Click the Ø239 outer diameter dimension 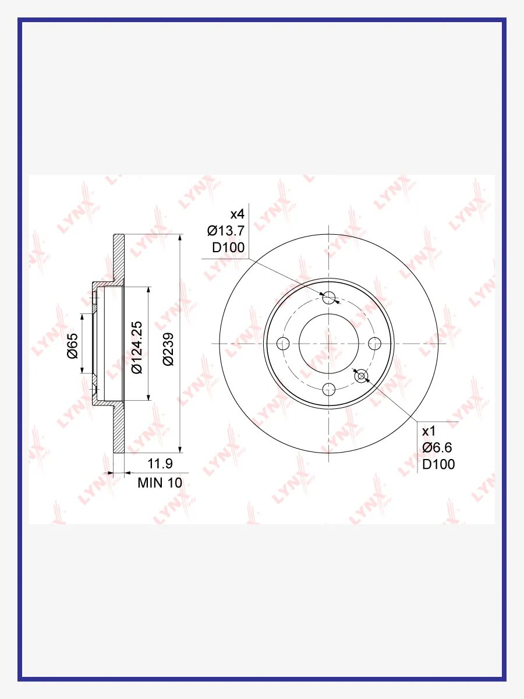(x=168, y=349)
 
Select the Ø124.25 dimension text (x=137, y=347)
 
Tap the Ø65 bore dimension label (x=73, y=346)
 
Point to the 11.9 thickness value (x=160, y=464)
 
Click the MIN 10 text (x=160, y=483)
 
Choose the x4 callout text (x=238, y=214)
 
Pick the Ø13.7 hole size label (x=226, y=231)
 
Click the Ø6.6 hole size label (x=437, y=448)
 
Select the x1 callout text (x=429, y=432)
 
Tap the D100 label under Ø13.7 (x=228, y=248)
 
